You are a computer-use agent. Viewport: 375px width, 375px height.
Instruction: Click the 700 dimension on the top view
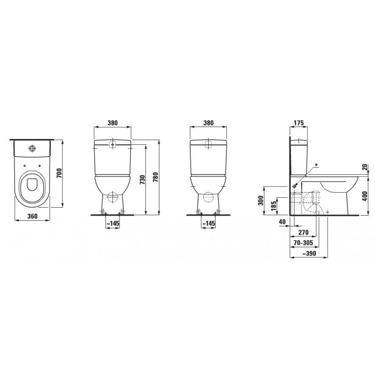(60, 173)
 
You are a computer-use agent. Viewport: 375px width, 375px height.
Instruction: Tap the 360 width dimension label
(32, 216)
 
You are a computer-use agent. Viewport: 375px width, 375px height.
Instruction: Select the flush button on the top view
(32, 148)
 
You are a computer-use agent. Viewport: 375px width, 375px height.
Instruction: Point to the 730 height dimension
(142, 180)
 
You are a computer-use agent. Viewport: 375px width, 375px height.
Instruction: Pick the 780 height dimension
(156, 177)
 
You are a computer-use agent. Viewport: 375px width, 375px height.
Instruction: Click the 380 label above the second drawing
(112, 123)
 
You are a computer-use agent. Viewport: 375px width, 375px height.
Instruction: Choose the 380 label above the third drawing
(208, 123)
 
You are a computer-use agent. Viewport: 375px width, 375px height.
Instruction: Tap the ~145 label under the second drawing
(112, 224)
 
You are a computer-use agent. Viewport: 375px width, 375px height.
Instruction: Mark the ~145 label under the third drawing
(208, 224)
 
